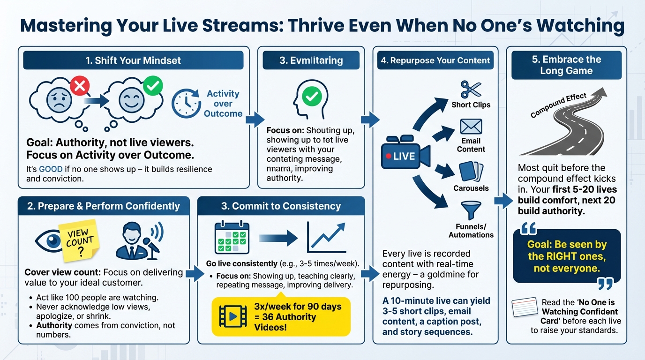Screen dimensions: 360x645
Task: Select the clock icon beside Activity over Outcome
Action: pyautogui.click(x=186, y=104)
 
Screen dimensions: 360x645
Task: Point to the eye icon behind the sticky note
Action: pyautogui.click(x=48, y=240)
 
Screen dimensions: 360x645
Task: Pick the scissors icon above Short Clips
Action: pyautogui.click(x=471, y=89)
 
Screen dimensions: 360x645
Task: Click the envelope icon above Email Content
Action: pyautogui.click(x=471, y=127)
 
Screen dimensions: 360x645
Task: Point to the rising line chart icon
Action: pyautogui.click(x=327, y=237)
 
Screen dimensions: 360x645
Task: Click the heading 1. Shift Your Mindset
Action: pyautogui.click(x=133, y=60)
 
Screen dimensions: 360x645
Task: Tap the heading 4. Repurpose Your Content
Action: pyautogui.click(x=435, y=60)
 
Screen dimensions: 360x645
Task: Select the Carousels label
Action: pyautogui.click(x=471, y=188)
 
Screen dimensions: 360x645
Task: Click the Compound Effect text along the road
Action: pyautogui.click(x=558, y=105)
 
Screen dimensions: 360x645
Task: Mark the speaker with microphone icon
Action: pyautogui.click(x=139, y=240)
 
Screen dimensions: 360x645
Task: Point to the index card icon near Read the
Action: pyautogui.click(x=525, y=309)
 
